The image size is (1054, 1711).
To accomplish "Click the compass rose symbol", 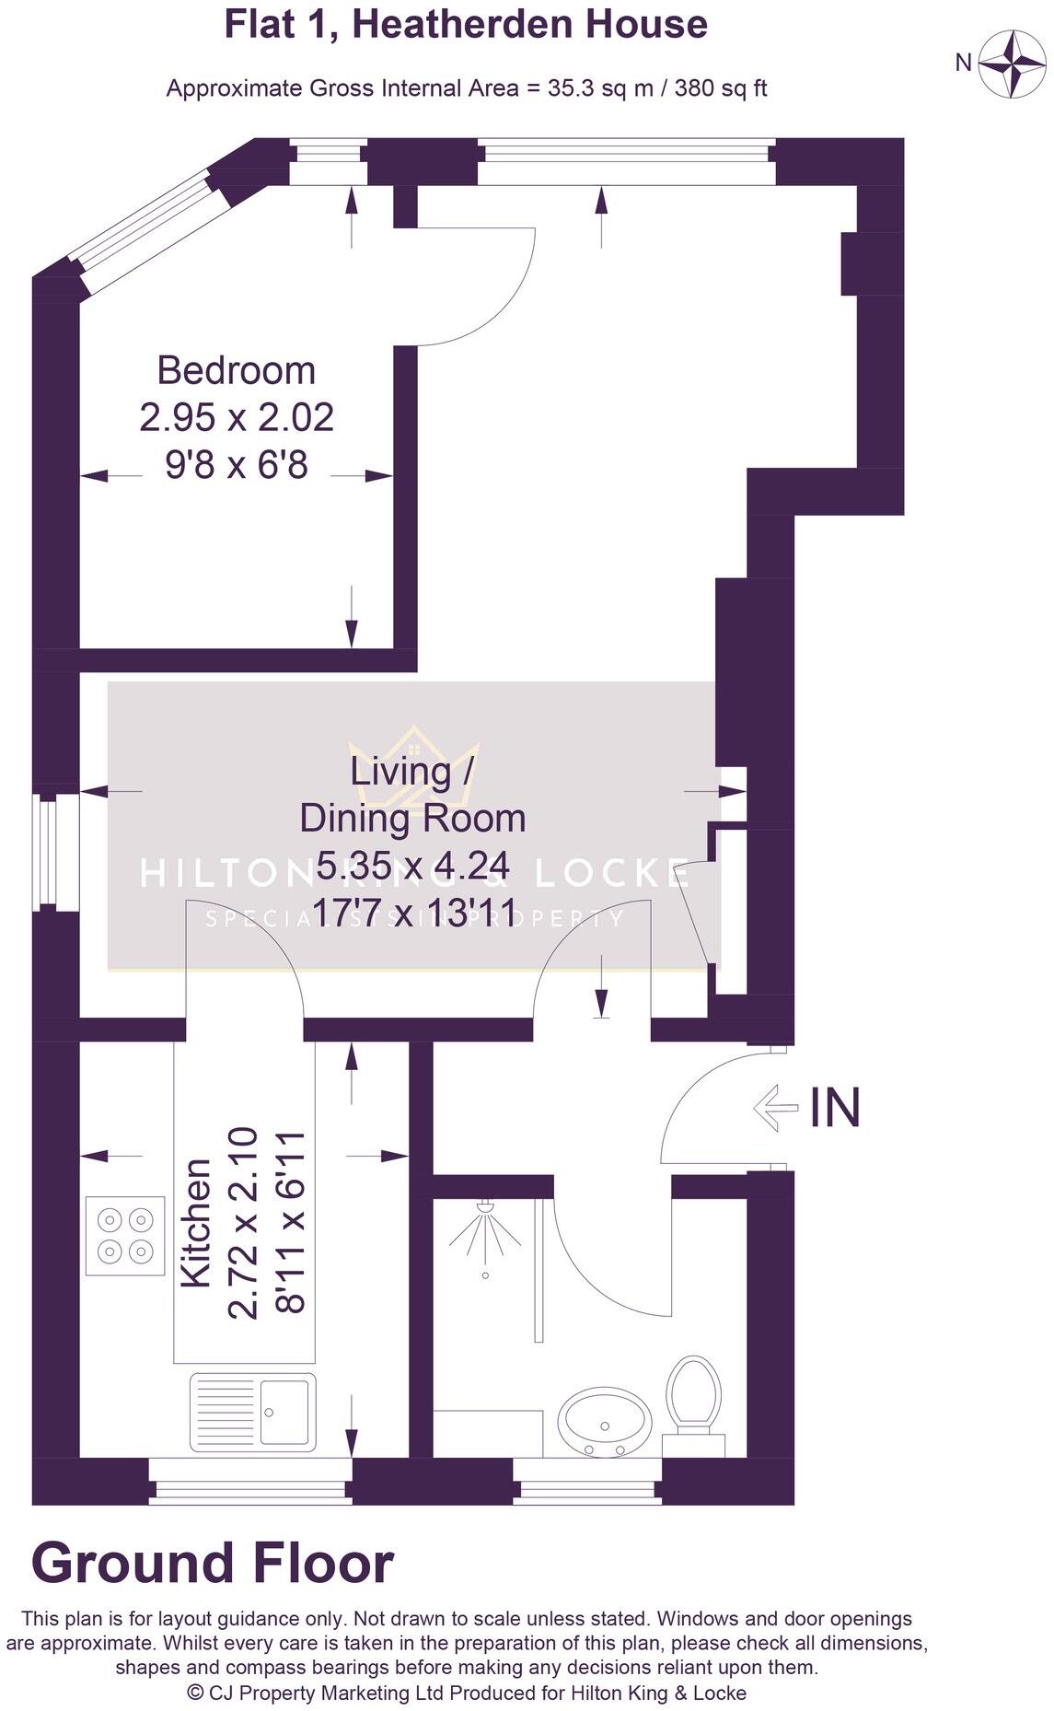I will (x=1012, y=63).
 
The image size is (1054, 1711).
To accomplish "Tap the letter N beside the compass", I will (x=963, y=63).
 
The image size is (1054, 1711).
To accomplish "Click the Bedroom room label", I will (x=237, y=370).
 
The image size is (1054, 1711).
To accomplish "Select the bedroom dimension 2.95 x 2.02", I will (x=237, y=417).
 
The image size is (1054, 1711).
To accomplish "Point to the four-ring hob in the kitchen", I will (x=125, y=1236).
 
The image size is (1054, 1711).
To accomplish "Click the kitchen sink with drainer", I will (x=253, y=1412).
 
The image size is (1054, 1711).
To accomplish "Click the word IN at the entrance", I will (x=835, y=1108).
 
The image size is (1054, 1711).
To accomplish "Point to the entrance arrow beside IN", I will (x=775, y=1108).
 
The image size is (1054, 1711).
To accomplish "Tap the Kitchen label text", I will (x=196, y=1223).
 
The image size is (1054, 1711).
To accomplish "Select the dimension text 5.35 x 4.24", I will (x=412, y=866).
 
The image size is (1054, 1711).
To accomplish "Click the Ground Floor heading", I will (x=213, y=1564).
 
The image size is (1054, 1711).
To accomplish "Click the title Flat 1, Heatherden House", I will (x=466, y=24).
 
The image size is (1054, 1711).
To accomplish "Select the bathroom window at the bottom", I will (x=586, y=1484).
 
